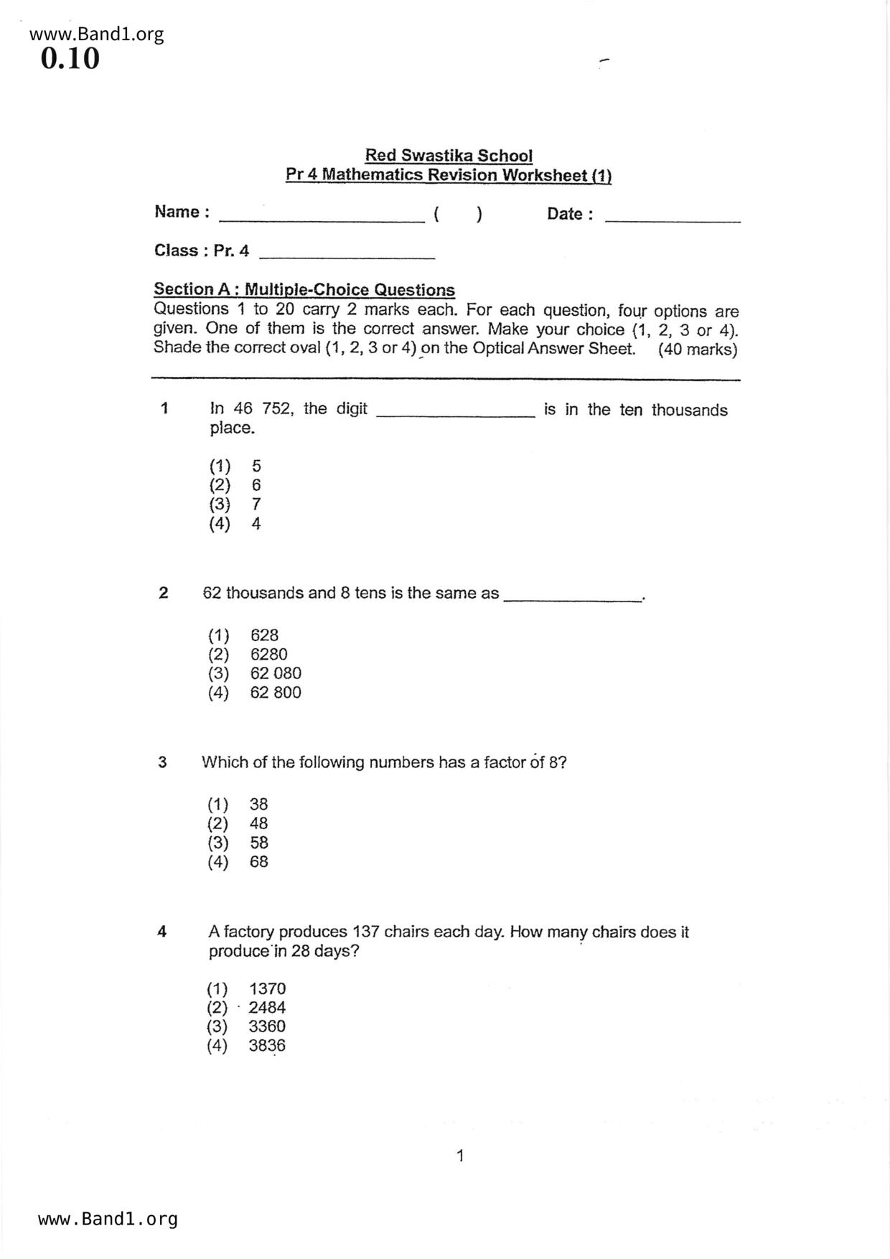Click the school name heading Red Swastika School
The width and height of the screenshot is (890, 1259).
(x=449, y=155)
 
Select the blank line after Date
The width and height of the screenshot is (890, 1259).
(x=673, y=220)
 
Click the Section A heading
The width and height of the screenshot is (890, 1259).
(x=304, y=289)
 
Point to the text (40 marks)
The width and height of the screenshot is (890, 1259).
(x=697, y=350)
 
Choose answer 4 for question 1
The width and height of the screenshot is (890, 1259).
(x=256, y=524)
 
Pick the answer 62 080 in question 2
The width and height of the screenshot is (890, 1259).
(x=276, y=673)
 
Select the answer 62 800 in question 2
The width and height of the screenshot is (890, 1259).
(x=276, y=693)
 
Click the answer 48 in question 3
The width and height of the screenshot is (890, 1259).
(x=258, y=823)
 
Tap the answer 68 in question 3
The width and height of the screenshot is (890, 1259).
(x=258, y=862)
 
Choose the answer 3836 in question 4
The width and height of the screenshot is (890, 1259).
(x=267, y=1046)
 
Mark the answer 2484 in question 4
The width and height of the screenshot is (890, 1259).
(x=267, y=1008)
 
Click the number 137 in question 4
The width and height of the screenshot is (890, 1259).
(x=365, y=932)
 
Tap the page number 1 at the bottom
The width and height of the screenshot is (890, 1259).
(x=460, y=1156)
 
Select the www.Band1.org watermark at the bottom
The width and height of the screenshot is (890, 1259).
(x=108, y=1219)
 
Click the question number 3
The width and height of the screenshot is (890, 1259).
(x=162, y=762)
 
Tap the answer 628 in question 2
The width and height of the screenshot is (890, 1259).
(x=264, y=635)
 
